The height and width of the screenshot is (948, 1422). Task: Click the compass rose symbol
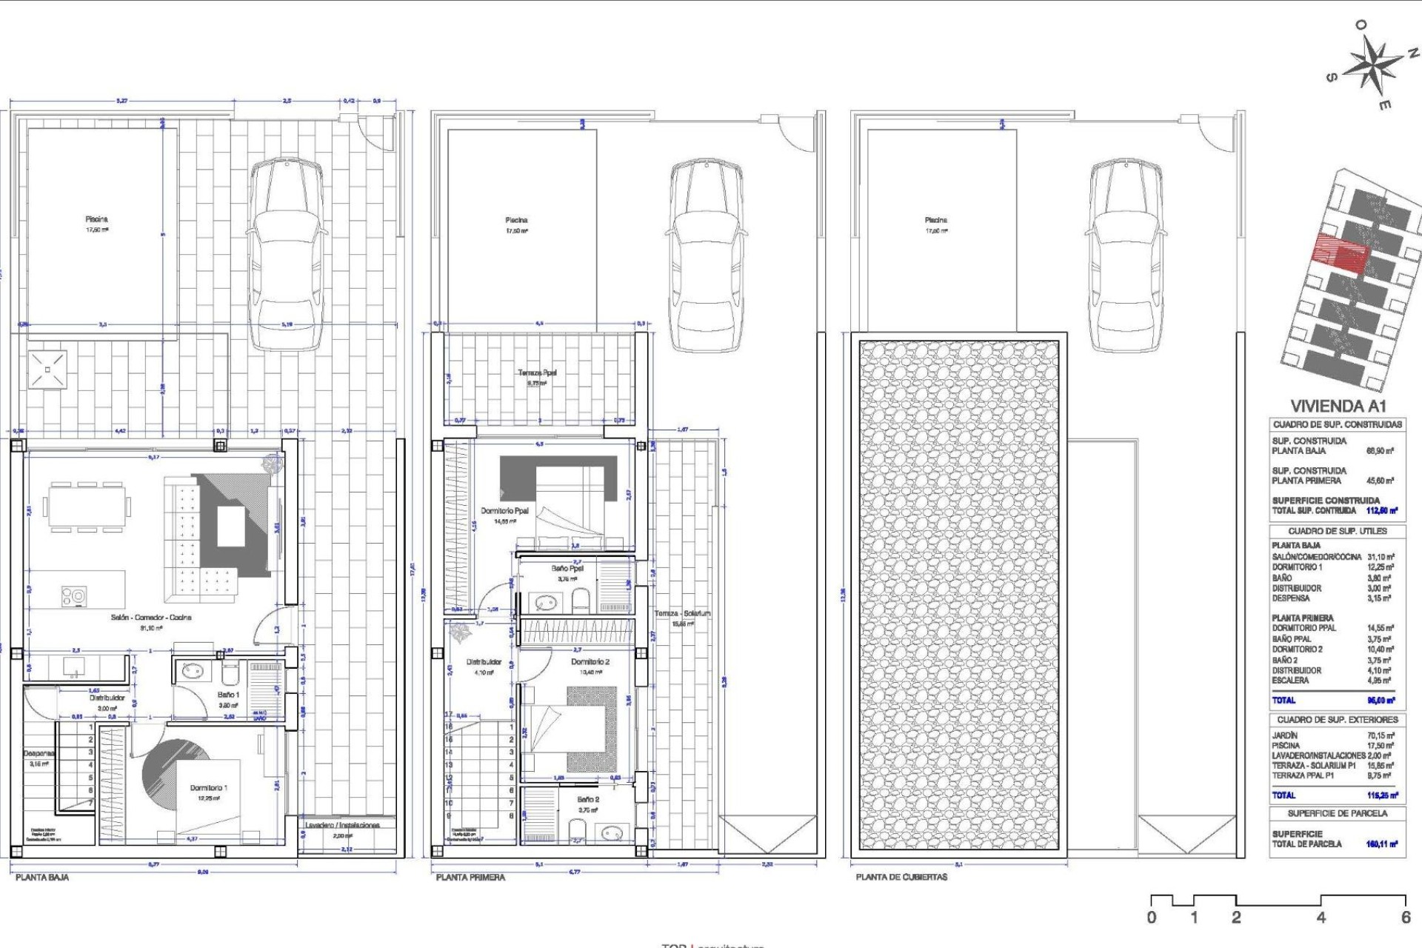click(1372, 66)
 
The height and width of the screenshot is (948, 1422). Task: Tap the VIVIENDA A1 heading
click(1338, 406)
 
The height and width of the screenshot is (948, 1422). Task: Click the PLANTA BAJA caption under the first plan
click(42, 877)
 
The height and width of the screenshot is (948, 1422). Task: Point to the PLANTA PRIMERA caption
click(470, 877)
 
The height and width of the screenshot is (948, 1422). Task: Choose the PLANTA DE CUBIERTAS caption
click(901, 877)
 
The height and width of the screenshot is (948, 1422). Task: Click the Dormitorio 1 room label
click(209, 788)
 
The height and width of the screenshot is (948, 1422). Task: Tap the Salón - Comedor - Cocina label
click(151, 617)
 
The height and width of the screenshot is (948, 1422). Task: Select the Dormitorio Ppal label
click(504, 511)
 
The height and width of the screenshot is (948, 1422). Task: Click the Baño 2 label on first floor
click(588, 799)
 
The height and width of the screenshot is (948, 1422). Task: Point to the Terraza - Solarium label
click(682, 613)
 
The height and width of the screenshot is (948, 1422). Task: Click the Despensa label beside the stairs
click(39, 753)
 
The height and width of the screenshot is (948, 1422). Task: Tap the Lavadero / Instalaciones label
click(342, 825)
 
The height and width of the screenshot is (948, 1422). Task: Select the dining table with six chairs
click(86, 507)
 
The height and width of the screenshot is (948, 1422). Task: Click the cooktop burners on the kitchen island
click(73, 595)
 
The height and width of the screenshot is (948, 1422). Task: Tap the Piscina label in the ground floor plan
click(96, 219)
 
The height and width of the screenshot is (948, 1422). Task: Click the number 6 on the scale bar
click(1406, 918)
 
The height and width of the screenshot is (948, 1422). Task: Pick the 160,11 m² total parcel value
click(1381, 844)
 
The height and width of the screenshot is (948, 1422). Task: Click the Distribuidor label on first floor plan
click(484, 662)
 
